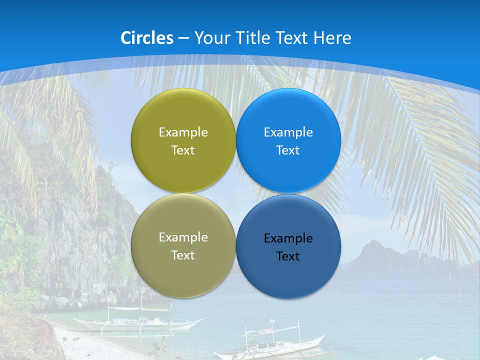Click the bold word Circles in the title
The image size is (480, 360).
(146, 38)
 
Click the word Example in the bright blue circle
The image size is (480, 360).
(288, 132)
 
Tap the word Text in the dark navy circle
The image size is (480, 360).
(288, 256)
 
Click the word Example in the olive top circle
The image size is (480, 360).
(183, 132)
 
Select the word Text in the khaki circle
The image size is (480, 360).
(183, 255)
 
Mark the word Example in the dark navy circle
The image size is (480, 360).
(288, 238)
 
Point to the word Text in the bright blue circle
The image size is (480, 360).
(288, 150)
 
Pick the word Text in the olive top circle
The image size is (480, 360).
(183, 150)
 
